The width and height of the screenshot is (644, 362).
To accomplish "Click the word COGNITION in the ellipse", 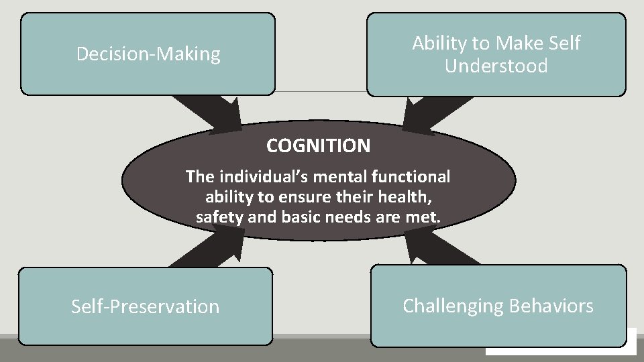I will click(x=317, y=145).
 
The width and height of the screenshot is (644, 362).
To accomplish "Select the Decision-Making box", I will click(x=148, y=54).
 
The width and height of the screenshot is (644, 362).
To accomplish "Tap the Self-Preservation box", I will click(x=145, y=306).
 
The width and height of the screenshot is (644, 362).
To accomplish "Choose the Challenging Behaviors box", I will click(x=498, y=306).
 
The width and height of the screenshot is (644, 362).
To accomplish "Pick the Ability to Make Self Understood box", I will click(x=496, y=54).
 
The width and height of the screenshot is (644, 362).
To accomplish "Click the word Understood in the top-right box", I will click(x=496, y=66).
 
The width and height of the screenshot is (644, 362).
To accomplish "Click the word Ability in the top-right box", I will click(x=433, y=44).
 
